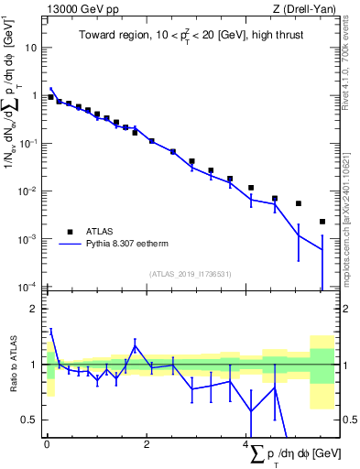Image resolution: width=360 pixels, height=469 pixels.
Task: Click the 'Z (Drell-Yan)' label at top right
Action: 301,9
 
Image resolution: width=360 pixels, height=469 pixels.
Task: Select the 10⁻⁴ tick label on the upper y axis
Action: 27,287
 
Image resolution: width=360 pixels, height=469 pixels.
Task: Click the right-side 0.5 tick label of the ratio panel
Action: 347,420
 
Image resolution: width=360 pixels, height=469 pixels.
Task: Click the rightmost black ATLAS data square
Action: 322,222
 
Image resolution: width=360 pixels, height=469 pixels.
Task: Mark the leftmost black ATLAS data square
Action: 50,97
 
